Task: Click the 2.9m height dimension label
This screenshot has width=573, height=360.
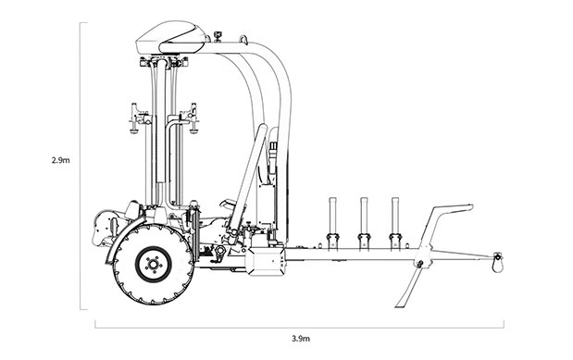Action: (60, 160)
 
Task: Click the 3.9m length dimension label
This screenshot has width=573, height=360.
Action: (301, 339)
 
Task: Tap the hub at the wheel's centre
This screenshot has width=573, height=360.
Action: (154, 265)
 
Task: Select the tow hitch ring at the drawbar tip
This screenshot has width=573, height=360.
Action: (497, 264)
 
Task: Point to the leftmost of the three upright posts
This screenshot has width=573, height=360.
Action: (332, 224)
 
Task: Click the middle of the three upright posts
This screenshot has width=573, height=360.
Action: (364, 224)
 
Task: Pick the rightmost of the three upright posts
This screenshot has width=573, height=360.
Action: (395, 224)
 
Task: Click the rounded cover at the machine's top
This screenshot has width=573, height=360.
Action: (170, 37)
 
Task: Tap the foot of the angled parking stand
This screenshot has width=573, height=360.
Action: (401, 304)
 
